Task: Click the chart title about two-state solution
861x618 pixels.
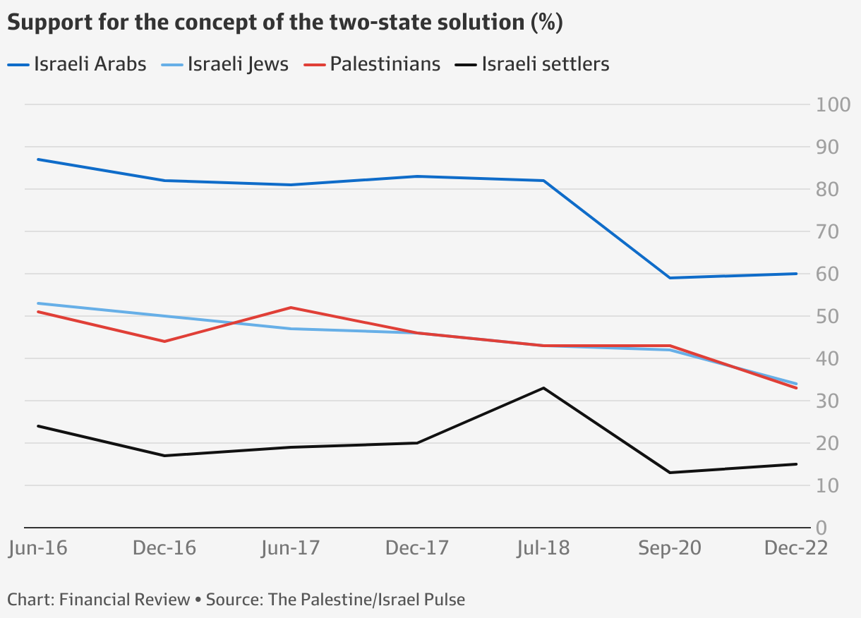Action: click(x=284, y=23)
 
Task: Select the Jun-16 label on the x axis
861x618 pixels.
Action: click(x=38, y=548)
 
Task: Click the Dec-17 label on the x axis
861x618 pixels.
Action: click(x=417, y=548)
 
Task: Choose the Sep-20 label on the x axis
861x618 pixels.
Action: click(x=670, y=548)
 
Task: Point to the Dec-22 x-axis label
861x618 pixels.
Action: click(x=796, y=548)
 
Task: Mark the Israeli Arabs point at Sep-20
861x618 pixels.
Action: click(x=670, y=278)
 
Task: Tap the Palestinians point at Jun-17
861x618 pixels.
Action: click(x=291, y=308)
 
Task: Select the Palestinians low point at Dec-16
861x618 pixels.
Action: click(x=164, y=341)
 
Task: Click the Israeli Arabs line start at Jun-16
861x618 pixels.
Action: click(x=38, y=159)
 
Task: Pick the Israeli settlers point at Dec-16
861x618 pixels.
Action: click(x=164, y=456)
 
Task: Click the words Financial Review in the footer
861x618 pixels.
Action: click(x=125, y=600)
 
